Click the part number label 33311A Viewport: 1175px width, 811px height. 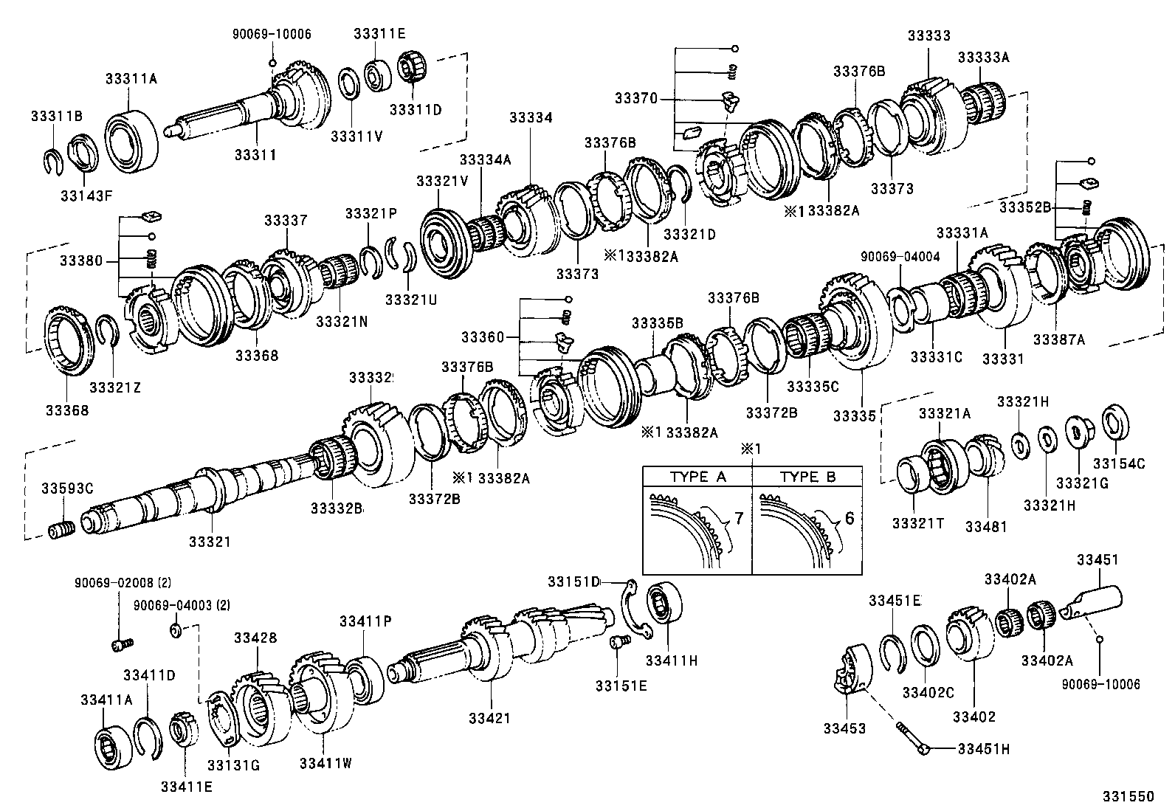point(131,78)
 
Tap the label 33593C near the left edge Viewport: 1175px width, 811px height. point(67,489)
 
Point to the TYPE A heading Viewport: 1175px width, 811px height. point(697,477)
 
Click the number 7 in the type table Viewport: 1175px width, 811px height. point(738,518)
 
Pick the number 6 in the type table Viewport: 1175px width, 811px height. point(849,518)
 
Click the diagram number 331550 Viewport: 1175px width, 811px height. point(1127,797)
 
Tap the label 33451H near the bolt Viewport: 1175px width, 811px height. point(983,749)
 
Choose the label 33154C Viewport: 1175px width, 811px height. point(1119,463)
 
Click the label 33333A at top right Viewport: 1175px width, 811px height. point(983,58)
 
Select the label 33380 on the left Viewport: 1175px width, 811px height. point(81,260)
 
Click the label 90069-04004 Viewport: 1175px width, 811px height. point(900,256)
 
